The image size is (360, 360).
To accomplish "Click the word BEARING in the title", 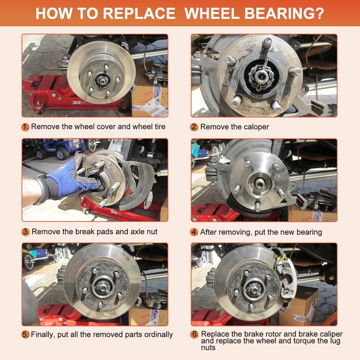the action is pyautogui.click(x=284, y=14).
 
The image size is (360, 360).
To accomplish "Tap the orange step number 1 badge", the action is pyautogui.click(x=25, y=127).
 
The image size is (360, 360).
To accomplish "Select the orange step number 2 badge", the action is pyautogui.click(x=194, y=127).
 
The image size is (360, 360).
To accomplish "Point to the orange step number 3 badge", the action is pyautogui.click(x=26, y=232).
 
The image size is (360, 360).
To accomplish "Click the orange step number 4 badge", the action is pyautogui.click(x=194, y=232).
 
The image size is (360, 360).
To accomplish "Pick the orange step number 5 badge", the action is pyautogui.click(x=26, y=334).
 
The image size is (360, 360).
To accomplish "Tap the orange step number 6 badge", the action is pyautogui.click(x=194, y=334).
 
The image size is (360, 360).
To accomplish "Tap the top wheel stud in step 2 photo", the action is pyautogui.click(x=267, y=43).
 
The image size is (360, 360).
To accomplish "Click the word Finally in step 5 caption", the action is pyautogui.click(x=43, y=335).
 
